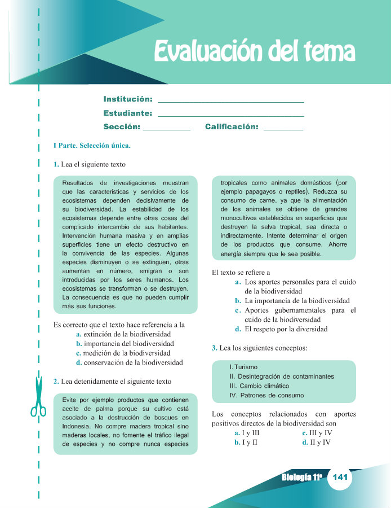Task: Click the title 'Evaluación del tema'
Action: coord(255,52)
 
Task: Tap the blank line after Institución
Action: coord(231,101)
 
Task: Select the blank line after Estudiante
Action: coord(231,115)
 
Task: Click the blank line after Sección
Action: coord(167,129)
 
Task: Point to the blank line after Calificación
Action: coord(283,129)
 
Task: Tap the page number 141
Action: coord(339,478)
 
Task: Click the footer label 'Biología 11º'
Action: coord(301,478)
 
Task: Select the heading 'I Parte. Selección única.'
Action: coord(92,146)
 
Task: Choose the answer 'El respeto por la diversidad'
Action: coord(286,329)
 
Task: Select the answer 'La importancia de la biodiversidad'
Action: coord(297,301)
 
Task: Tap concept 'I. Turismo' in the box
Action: coord(243,367)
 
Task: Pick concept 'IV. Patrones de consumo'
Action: coord(266,395)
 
